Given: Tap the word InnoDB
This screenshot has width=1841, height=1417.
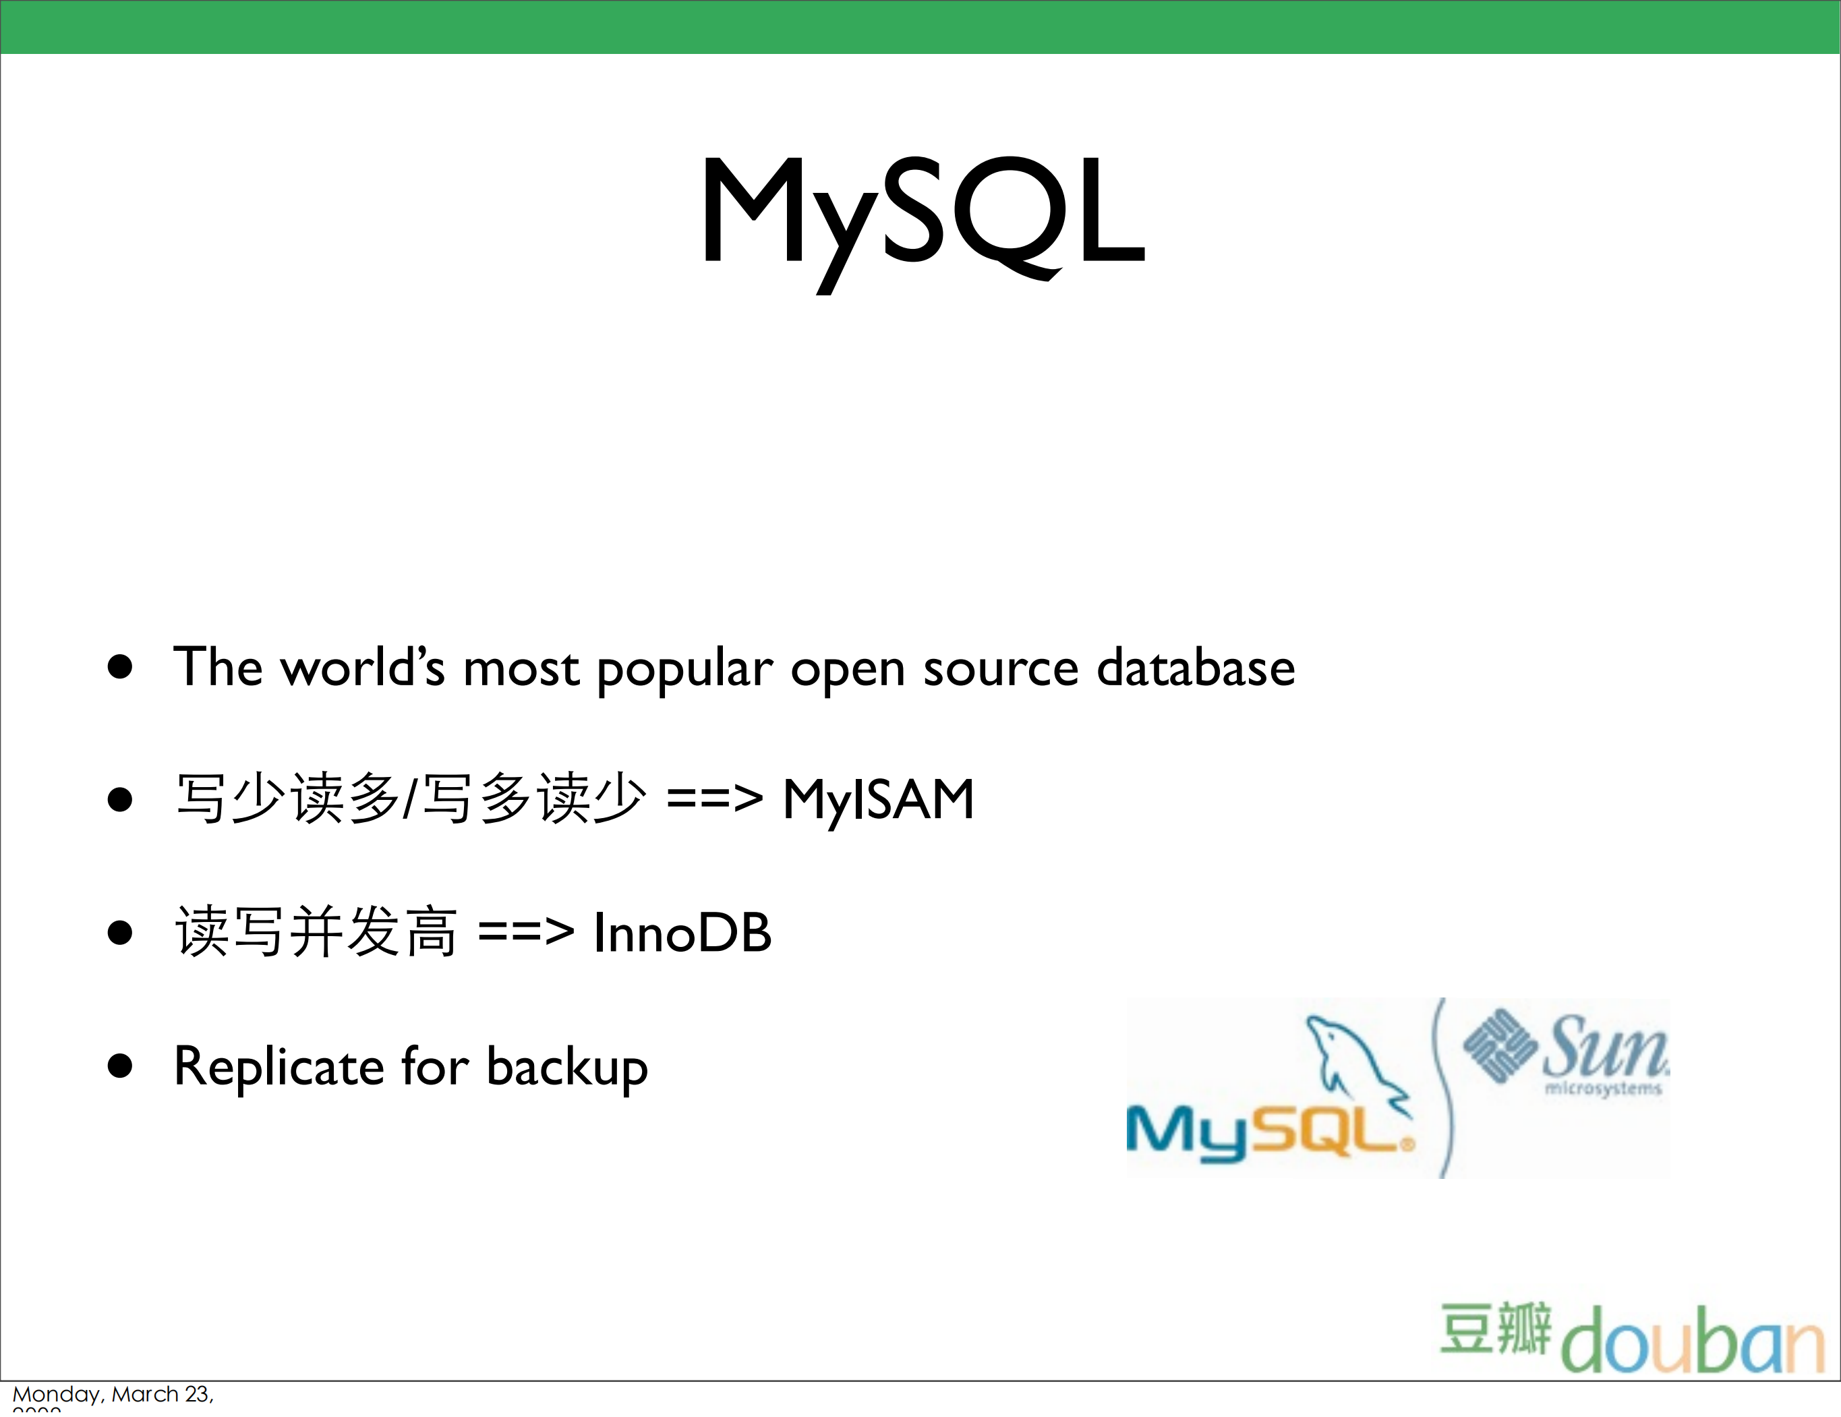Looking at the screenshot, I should click(x=682, y=932).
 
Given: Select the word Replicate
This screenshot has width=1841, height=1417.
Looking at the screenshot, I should click(x=279, y=1066).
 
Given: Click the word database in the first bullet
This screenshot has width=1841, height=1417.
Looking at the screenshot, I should click(x=1195, y=668).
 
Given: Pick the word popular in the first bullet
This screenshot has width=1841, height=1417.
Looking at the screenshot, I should click(x=684, y=669).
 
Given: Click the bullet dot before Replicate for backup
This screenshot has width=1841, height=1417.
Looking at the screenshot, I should click(x=121, y=1066).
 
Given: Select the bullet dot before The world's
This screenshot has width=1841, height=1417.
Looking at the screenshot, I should click(x=121, y=667).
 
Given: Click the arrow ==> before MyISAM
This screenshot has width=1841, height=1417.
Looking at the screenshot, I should click(x=714, y=799).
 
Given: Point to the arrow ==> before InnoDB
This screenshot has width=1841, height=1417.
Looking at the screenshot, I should click(x=526, y=932).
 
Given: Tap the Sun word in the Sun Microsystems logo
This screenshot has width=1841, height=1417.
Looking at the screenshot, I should click(x=1604, y=1046).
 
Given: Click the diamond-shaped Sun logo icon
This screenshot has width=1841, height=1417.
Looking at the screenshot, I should click(x=1498, y=1046).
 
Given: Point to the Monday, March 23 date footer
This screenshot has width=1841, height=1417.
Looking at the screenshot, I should click(x=113, y=1394).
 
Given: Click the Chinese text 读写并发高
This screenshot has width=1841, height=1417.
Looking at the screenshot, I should click(x=316, y=932).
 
